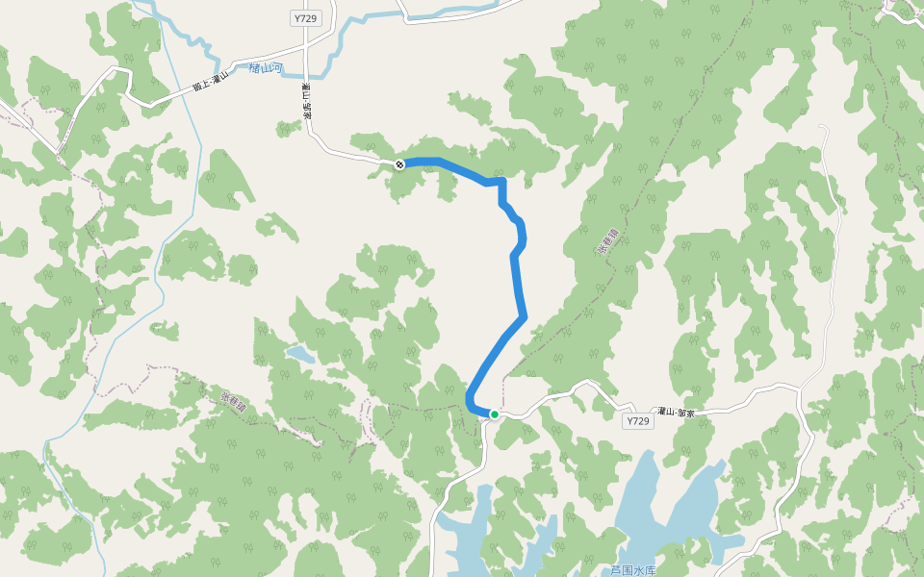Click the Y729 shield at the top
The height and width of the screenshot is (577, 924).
tap(304, 18)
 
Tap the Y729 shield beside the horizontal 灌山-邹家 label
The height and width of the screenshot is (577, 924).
tap(638, 421)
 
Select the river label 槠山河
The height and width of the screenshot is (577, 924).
tap(265, 68)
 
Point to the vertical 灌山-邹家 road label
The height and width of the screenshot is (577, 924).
tap(306, 102)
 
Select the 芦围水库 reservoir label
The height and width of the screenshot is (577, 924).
tap(632, 570)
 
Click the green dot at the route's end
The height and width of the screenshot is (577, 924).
tap(494, 414)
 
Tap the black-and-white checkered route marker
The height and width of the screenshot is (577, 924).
tap(399, 164)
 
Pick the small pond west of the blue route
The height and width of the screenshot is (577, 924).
tap(299, 355)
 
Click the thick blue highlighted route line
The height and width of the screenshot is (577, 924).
tap(516, 279)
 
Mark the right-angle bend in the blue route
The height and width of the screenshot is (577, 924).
tap(501, 181)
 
